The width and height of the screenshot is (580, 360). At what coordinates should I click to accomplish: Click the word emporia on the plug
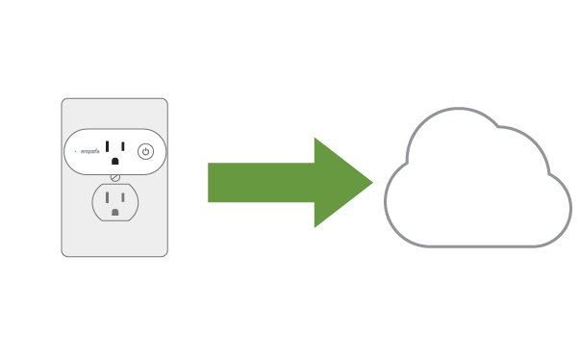[x=90, y=151]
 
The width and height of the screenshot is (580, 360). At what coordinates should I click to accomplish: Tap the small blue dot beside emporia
[x=75, y=151]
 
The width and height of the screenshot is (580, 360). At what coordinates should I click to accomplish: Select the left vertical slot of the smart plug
[x=108, y=145]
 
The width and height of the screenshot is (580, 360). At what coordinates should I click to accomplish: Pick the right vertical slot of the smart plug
[x=122, y=145]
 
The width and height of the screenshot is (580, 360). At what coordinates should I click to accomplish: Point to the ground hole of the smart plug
[x=115, y=161]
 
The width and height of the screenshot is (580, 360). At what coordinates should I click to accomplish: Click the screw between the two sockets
[x=115, y=176]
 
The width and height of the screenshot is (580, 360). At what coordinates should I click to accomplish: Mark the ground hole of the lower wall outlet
[x=115, y=210]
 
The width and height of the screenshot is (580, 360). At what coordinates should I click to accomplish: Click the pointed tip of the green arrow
[x=371, y=182]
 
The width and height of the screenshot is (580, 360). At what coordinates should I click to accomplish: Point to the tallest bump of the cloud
[x=455, y=116]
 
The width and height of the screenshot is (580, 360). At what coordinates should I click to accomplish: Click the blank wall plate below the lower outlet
[x=114, y=239]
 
